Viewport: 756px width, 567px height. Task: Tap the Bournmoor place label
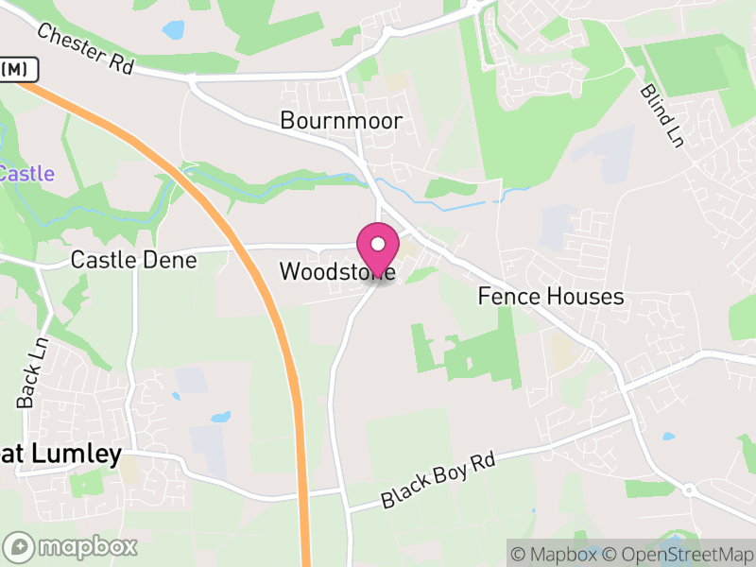tap(341, 121)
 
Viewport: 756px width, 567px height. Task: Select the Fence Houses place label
tap(551, 297)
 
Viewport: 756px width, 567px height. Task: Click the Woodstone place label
tap(335, 272)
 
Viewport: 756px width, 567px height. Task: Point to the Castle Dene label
tap(134, 260)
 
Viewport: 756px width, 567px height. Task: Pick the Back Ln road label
tap(30, 373)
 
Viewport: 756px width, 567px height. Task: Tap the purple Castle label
tap(26, 174)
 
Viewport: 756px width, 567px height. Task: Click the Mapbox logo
tap(72, 546)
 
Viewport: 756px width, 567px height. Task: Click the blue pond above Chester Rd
tap(174, 29)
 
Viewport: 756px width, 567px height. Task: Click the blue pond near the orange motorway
tap(220, 417)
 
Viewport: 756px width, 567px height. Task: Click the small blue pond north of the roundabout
tap(669, 438)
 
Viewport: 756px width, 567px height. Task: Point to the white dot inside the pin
tap(378, 245)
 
